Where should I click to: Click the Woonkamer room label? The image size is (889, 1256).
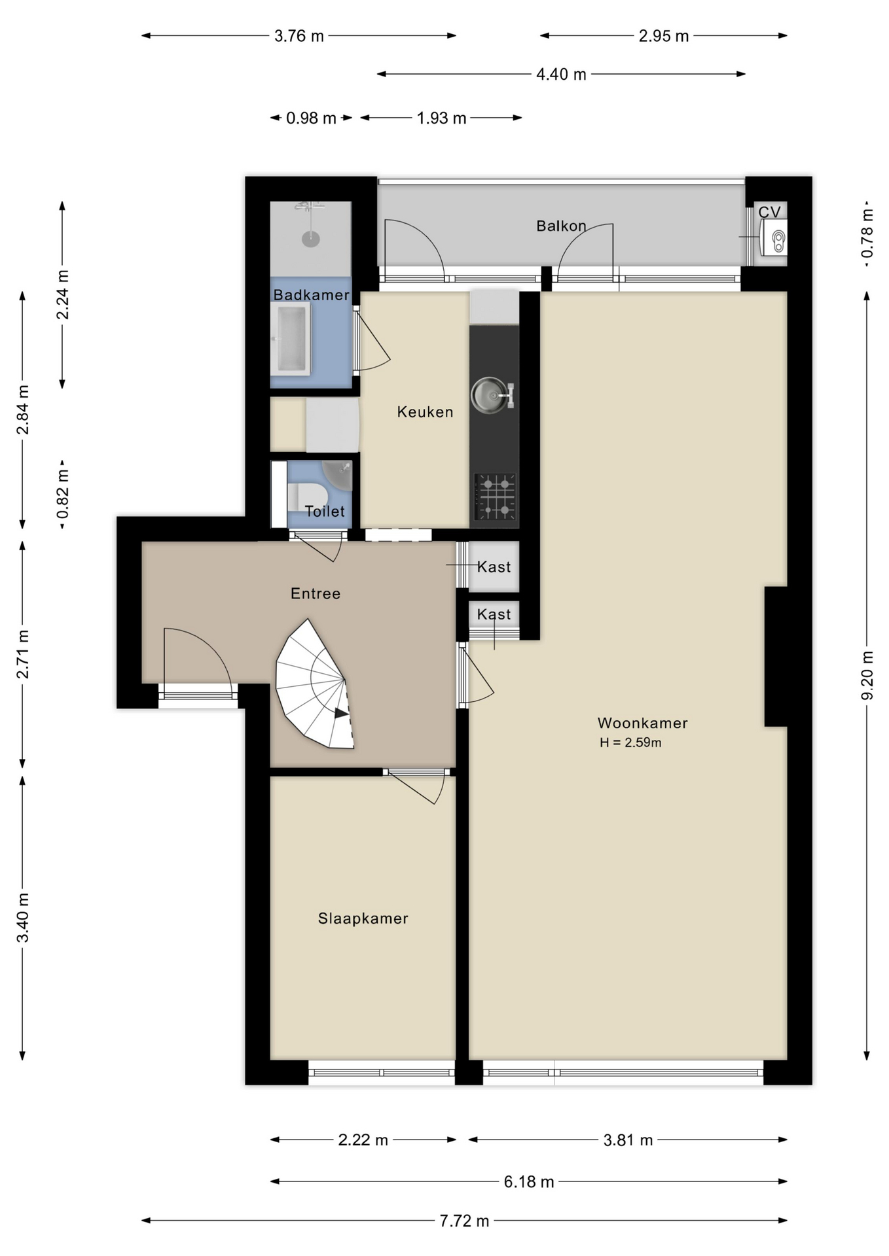tap(642, 723)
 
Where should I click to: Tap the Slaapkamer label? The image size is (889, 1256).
tap(363, 918)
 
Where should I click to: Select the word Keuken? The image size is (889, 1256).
tap(425, 412)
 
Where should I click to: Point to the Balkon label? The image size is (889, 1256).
tap(561, 226)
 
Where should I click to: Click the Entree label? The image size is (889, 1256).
tap(316, 593)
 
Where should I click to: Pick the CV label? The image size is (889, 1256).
tap(770, 212)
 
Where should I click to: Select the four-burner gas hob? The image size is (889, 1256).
tap(495, 497)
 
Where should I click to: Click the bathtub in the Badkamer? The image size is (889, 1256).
tap(291, 338)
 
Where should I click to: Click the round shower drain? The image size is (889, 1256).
tap(311, 239)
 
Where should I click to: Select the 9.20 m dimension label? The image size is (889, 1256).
tap(867, 676)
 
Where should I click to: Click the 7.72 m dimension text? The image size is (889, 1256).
tap(464, 1221)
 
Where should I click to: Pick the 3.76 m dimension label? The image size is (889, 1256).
tap(299, 36)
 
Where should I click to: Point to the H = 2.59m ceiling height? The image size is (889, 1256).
tap(630, 742)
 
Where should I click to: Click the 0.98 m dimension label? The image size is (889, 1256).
tap(311, 118)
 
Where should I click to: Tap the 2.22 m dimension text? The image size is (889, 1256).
tap(363, 1140)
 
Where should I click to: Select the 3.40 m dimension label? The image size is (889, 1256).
tap(23, 917)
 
